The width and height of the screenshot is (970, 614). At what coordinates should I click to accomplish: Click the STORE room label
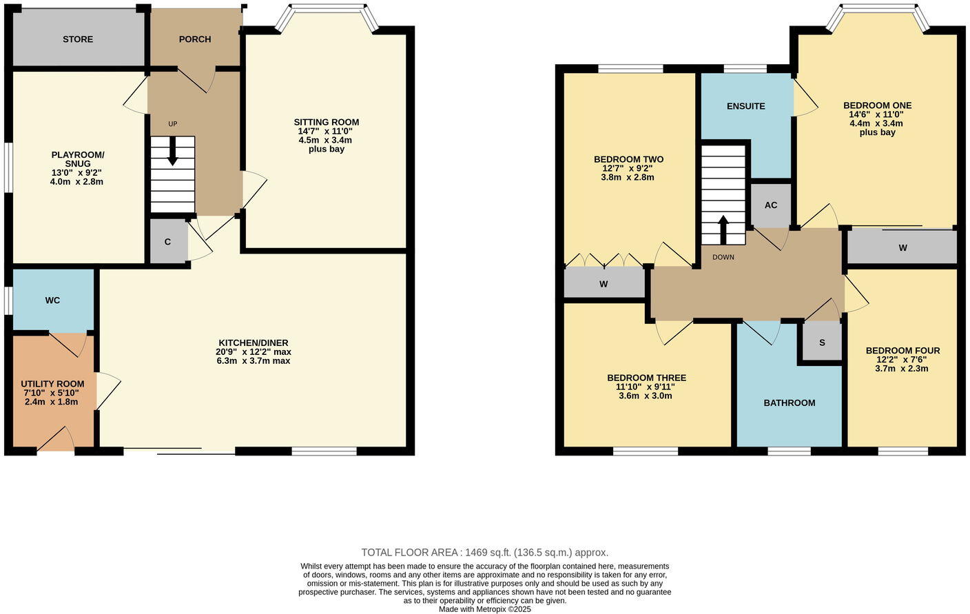pyautogui.click(x=78, y=39)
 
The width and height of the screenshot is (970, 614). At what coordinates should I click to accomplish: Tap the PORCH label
pyautogui.click(x=195, y=39)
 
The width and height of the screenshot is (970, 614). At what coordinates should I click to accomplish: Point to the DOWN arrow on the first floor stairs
pyautogui.click(x=723, y=229)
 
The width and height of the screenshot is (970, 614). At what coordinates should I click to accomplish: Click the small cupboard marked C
pyautogui.click(x=167, y=242)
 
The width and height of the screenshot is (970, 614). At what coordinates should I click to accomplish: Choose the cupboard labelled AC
pyautogui.click(x=771, y=205)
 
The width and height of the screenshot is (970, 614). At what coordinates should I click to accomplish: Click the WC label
pyautogui.click(x=52, y=300)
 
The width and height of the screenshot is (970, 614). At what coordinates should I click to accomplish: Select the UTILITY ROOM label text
pyautogui.click(x=52, y=384)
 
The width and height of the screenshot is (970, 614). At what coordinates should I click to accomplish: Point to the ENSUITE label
pyautogui.click(x=746, y=106)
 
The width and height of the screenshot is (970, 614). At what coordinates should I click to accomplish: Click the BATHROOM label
pyautogui.click(x=790, y=403)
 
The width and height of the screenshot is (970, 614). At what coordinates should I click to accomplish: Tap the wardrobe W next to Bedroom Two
pyautogui.click(x=603, y=284)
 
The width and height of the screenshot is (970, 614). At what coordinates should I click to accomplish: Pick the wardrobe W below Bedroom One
pyautogui.click(x=902, y=248)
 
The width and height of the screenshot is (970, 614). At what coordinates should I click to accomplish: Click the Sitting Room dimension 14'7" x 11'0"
pyautogui.click(x=327, y=131)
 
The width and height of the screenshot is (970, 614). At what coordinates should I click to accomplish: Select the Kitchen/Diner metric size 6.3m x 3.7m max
pyautogui.click(x=254, y=360)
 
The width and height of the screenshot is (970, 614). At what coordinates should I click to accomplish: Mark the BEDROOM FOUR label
pyautogui.click(x=902, y=351)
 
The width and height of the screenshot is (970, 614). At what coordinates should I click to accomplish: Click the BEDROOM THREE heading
pyautogui.click(x=646, y=378)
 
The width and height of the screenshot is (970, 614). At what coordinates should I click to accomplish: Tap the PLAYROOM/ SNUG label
pyautogui.click(x=78, y=159)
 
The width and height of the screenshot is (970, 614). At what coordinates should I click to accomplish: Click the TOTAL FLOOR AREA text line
pyautogui.click(x=485, y=553)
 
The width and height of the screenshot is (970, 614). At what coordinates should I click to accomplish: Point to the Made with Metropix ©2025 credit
pyautogui.click(x=485, y=609)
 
